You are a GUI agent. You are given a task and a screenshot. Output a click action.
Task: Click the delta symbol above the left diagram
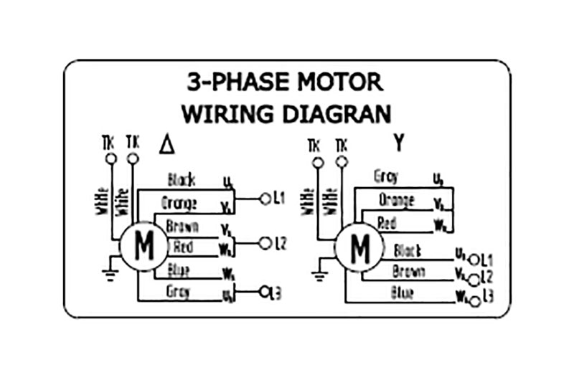click(167, 146)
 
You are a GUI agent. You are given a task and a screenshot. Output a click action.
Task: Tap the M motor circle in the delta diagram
click(143, 247)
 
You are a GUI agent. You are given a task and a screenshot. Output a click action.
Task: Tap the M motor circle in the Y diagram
click(359, 248)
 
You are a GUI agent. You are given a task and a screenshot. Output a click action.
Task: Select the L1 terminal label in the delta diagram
click(280, 199)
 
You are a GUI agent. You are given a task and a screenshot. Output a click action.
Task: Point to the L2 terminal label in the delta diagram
click(281, 244)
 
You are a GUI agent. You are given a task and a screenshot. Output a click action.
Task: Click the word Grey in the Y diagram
click(386, 176)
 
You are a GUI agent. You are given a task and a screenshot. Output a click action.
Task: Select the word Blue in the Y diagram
click(402, 293)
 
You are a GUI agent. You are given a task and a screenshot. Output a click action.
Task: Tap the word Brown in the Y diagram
click(408, 272)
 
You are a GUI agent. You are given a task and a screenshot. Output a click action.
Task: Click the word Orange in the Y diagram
click(397, 200)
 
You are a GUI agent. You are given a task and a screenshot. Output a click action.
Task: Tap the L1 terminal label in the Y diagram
click(487, 259)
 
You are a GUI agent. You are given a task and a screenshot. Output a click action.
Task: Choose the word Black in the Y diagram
click(407, 251)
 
